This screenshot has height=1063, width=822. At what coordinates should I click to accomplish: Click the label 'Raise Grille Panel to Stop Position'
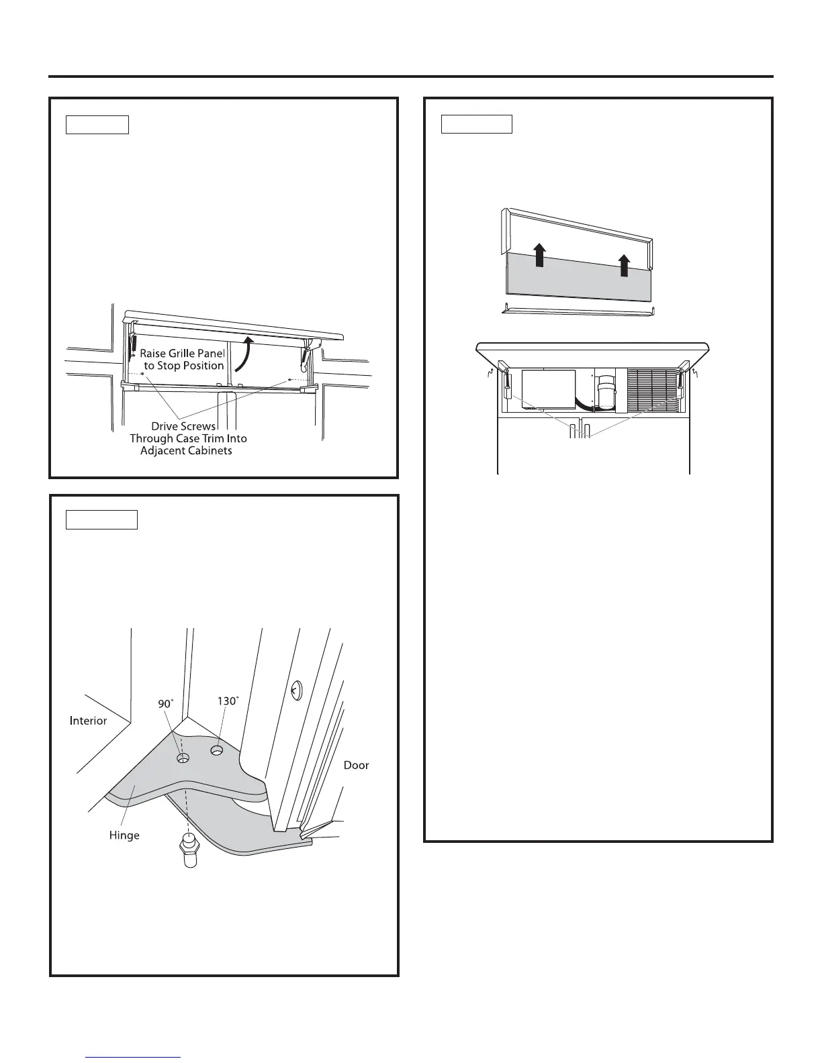[182, 359]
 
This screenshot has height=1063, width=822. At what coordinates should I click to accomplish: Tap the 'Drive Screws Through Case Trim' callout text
[188, 438]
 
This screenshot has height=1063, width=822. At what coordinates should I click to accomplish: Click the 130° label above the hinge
[228, 701]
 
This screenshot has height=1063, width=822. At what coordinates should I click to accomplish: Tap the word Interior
[88, 721]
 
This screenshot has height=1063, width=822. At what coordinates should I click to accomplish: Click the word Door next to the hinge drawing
[356, 765]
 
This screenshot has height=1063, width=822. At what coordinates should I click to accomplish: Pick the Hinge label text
[124, 836]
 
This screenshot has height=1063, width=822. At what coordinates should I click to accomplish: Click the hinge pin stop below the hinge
[189, 851]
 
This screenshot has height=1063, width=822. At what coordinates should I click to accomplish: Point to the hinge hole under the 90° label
[183, 758]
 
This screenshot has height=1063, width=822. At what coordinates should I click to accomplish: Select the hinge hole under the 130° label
[217, 750]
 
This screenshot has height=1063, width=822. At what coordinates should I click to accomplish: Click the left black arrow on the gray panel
[539, 256]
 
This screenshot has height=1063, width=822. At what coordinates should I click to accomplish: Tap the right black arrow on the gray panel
[625, 266]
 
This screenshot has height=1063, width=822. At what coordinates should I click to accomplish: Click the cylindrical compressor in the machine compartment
[606, 391]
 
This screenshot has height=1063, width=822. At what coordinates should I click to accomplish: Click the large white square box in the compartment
[549, 389]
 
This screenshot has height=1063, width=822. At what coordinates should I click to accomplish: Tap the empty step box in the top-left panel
[97, 125]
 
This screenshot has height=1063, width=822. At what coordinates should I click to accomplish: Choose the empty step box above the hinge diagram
[101, 519]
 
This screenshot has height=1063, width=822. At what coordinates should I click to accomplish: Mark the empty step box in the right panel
[477, 124]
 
